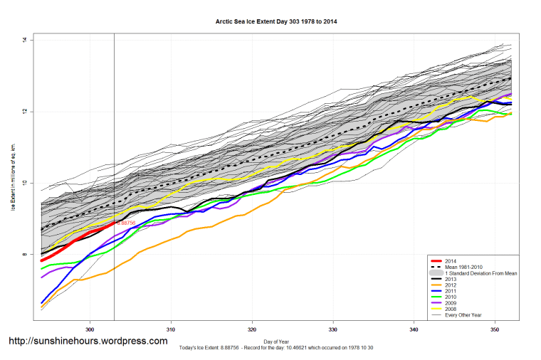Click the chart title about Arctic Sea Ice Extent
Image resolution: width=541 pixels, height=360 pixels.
pyautogui.click(x=276, y=21)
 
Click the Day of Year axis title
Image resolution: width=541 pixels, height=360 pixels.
pyautogui.click(x=276, y=342)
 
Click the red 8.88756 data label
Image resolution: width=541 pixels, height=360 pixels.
pyautogui.click(x=126, y=223)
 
